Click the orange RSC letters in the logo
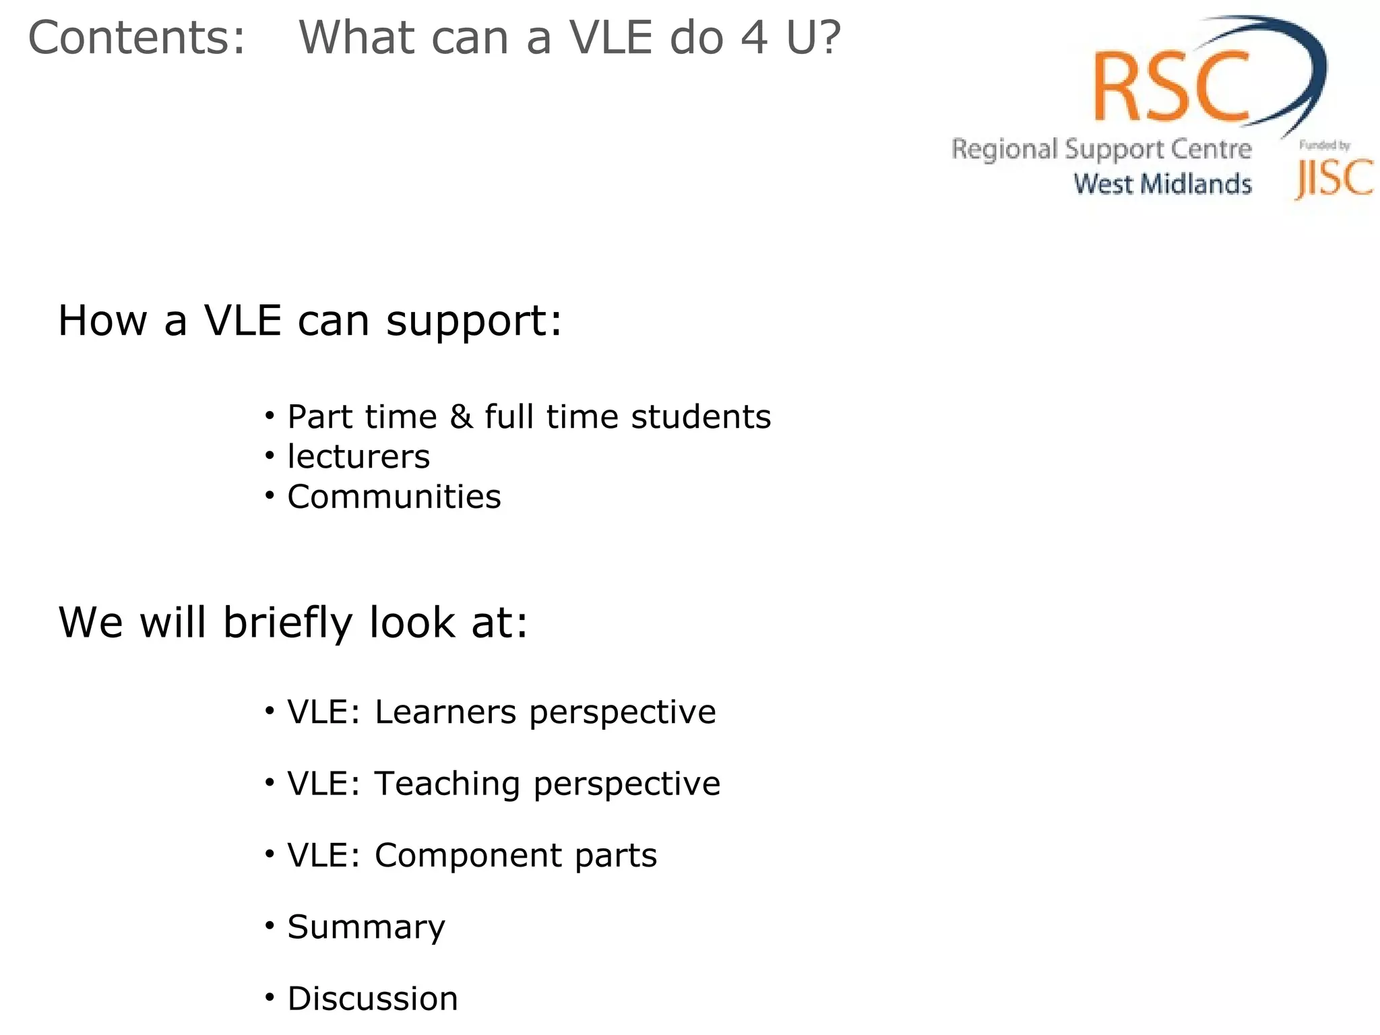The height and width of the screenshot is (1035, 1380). click(1171, 86)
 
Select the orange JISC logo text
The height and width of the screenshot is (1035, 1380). click(1334, 179)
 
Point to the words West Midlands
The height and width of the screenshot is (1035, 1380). click(1162, 184)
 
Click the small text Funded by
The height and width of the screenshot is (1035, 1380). click(1324, 145)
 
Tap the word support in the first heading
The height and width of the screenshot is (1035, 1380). click(474, 321)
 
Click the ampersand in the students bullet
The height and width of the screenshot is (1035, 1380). click(461, 416)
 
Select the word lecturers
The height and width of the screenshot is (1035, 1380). click(358, 457)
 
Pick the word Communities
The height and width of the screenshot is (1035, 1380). click(394, 497)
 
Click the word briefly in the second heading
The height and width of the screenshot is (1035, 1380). click(288, 623)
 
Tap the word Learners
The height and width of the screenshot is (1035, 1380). click(447, 712)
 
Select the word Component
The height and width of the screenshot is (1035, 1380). click(469, 856)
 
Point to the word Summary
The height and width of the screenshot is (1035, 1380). click(366, 928)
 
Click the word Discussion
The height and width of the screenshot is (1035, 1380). click(373, 999)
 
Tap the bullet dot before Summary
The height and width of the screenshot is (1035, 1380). click(270, 926)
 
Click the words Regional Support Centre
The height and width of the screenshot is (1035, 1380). click(1101, 149)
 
